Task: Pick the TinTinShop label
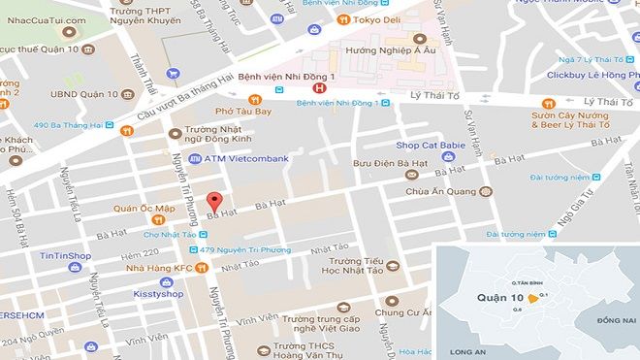tap(67, 256)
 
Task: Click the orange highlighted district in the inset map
tap(531, 299)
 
